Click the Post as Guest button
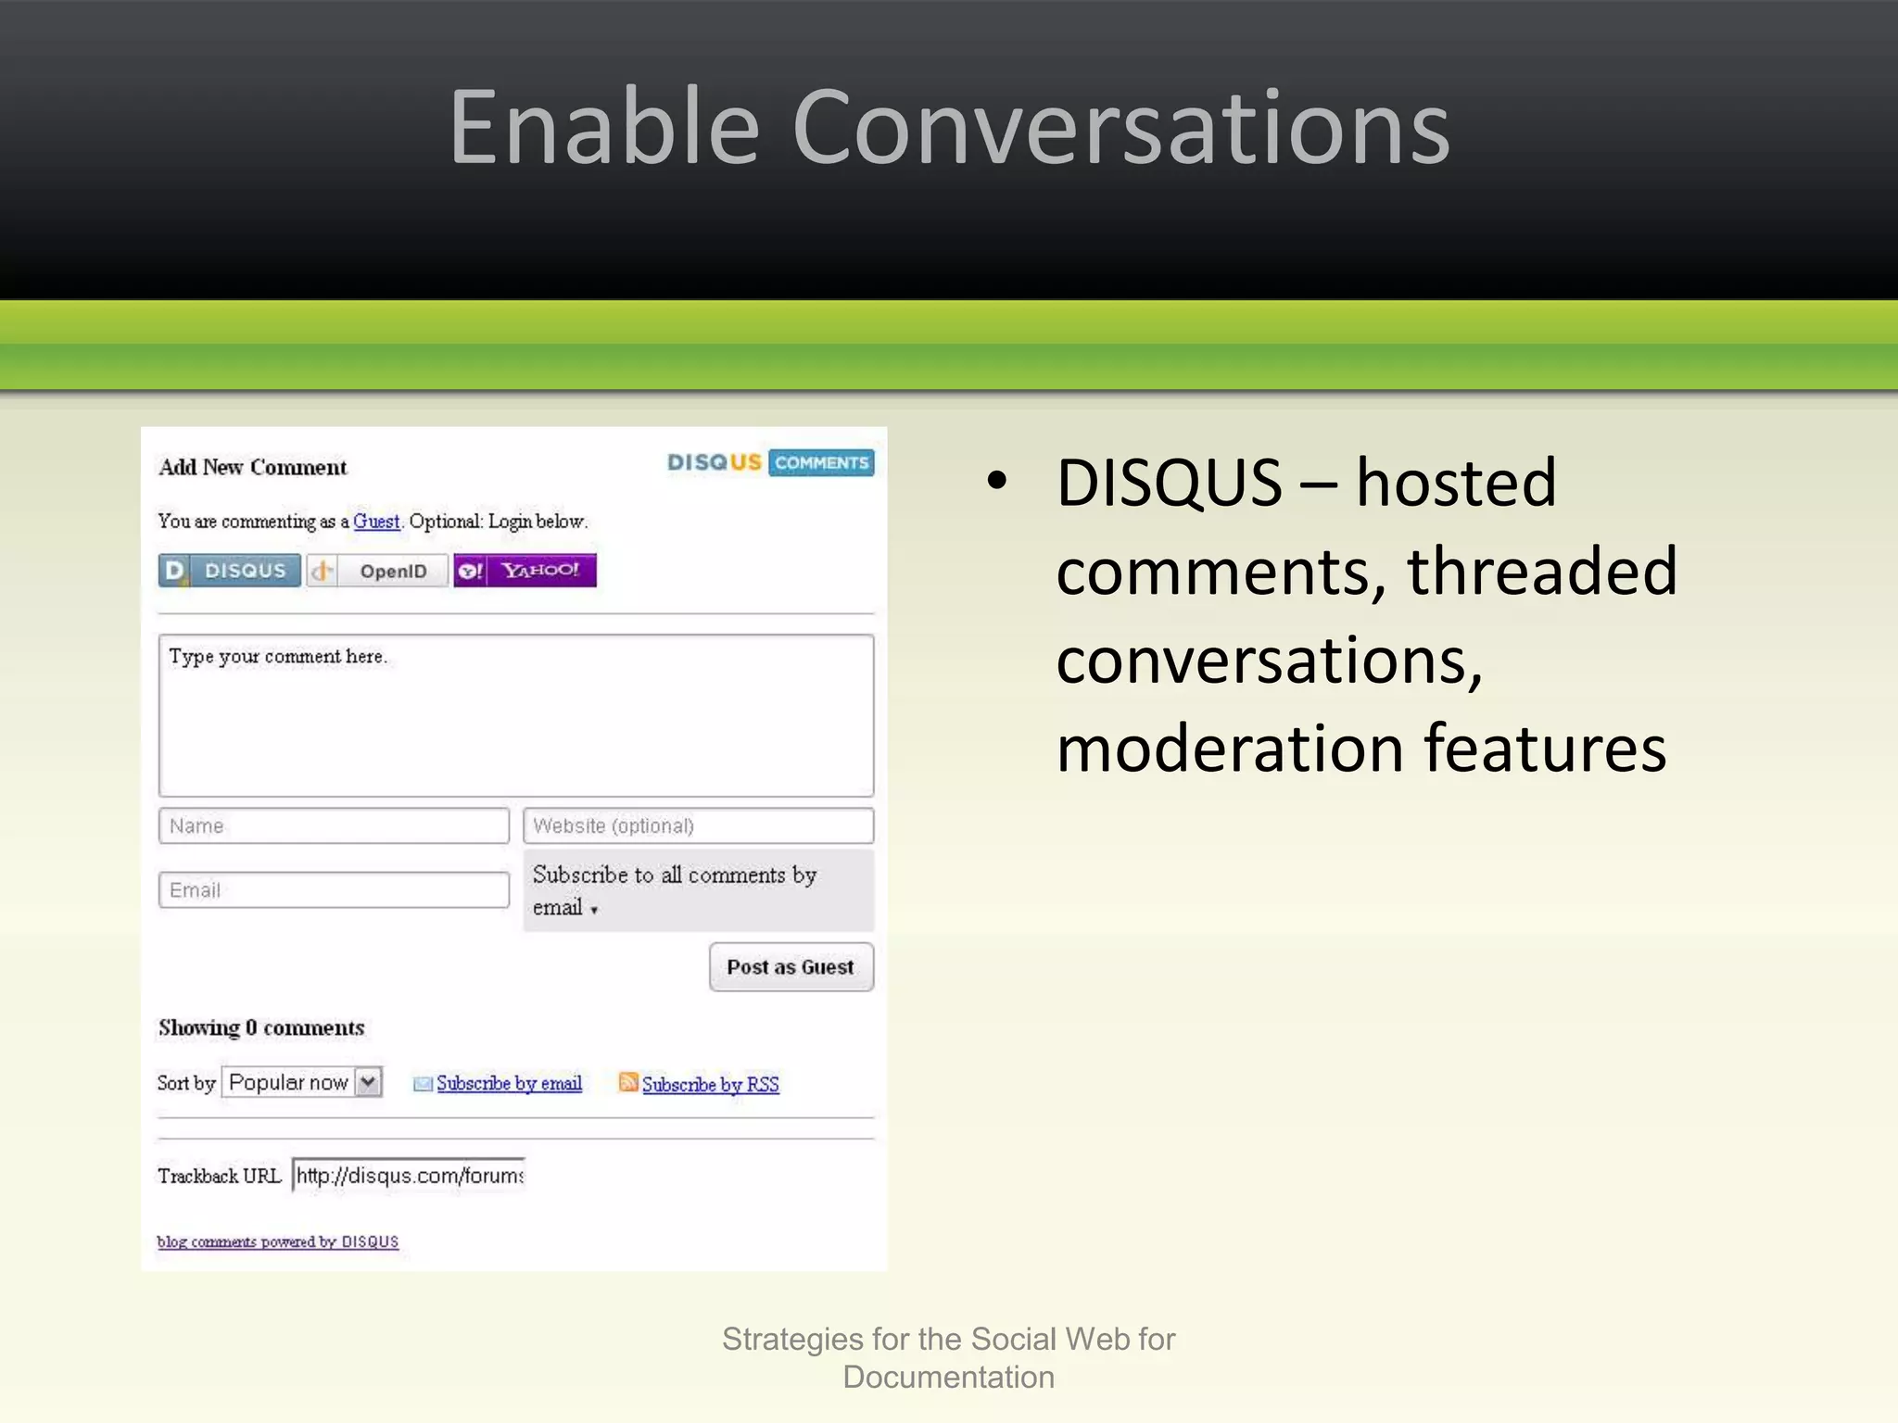(x=791, y=967)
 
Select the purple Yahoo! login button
(x=525, y=571)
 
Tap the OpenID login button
(x=378, y=571)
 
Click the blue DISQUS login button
(x=230, y=571)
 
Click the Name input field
(x=334, y=825)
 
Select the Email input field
(x=334, y=890)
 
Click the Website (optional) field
(x=698, y=825)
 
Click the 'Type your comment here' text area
(x=515, y=715)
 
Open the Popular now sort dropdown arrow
(x=369, y=1082)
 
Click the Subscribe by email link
(x=509, y=1083)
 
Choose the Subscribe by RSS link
(x=710, y=1084)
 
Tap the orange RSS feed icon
(x=628, y=1082)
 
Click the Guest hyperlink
(x=376, y=522)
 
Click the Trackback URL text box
(x=409, y=1176)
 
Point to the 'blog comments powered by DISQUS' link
(x=278, y=1241)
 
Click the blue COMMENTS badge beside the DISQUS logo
(x=821, y=462)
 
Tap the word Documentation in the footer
(x=948, y=1378)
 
